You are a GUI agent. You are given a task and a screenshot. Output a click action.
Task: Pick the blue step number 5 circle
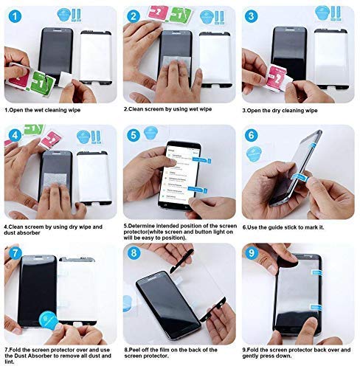134,135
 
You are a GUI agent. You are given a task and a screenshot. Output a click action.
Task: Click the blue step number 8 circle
134,254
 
